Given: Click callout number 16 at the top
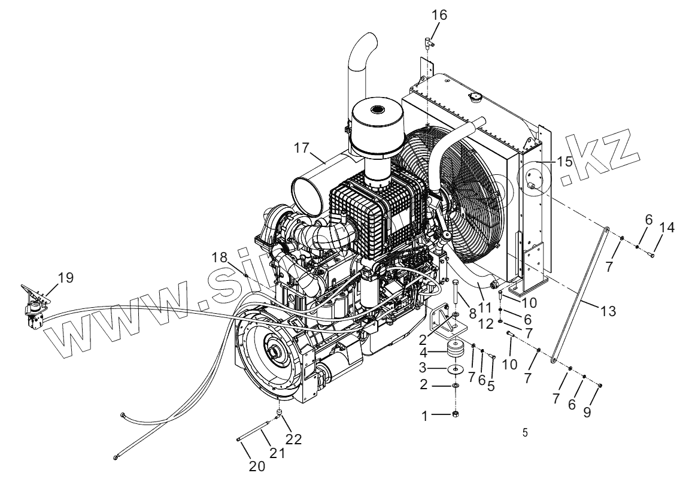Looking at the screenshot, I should click(440, 14).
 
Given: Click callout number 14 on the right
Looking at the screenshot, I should click(667, 227).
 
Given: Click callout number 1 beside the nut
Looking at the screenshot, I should click(426, 415).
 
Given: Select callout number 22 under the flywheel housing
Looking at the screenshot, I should click(293, 438).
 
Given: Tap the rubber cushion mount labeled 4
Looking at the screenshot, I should click(456, 350).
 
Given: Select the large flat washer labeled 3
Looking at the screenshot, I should click(456, 369).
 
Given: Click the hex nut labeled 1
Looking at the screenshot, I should click(456, 414).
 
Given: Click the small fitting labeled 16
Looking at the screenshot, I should click(429, 41).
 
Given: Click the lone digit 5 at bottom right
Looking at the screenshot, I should click(525, 433).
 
